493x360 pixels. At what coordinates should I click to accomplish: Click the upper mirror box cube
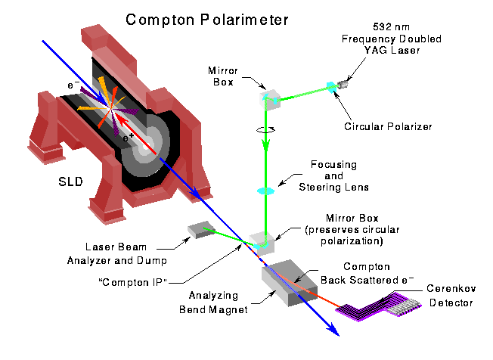[x=271, y=98]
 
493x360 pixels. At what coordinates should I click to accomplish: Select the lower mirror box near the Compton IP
[x=262, y=241]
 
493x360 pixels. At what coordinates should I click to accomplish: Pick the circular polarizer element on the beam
[x=331, y=88]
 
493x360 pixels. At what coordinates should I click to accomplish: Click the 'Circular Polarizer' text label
[x=398, y=126]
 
